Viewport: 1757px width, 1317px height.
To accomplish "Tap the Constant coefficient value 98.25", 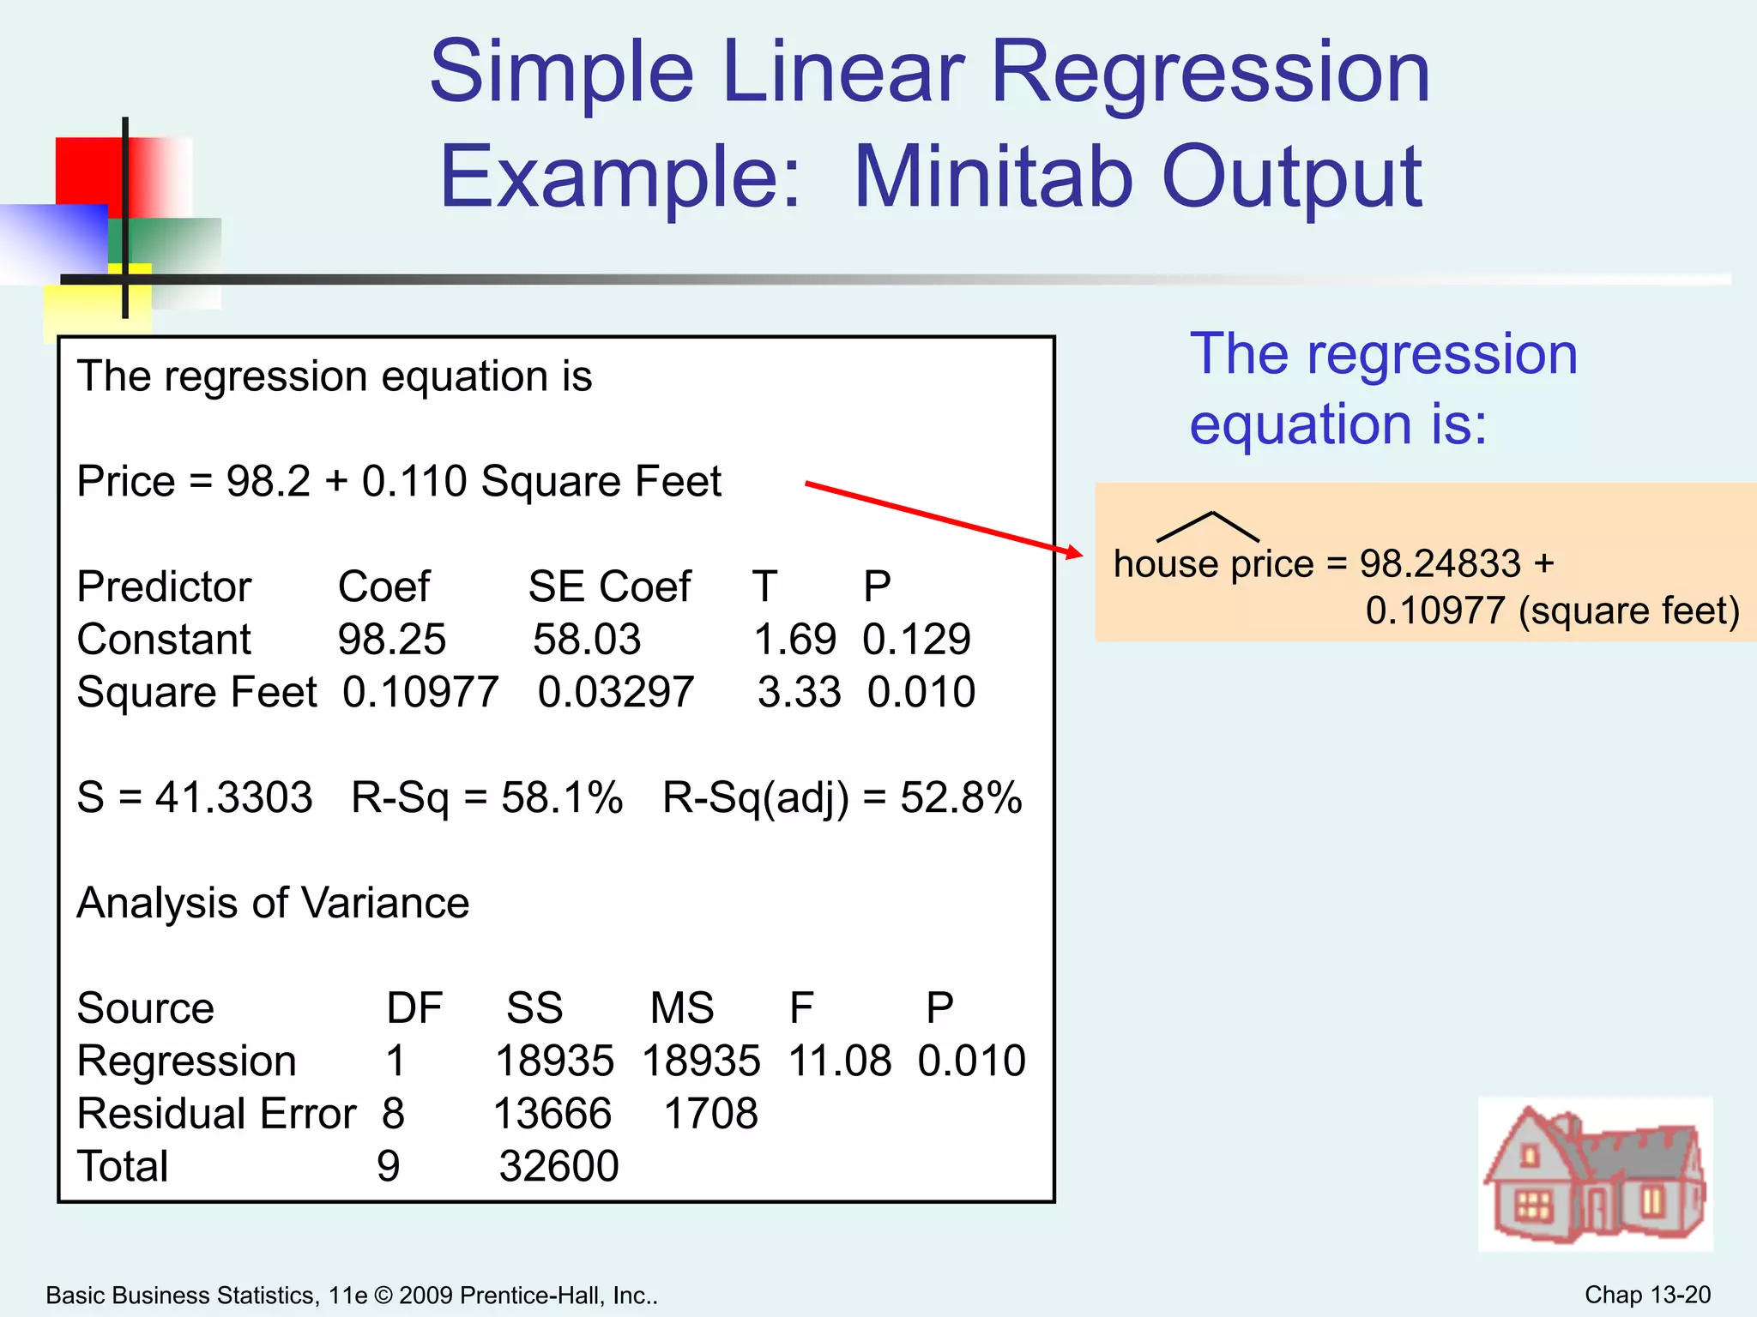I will click(x=391, y=640).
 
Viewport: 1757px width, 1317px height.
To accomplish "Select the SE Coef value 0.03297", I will click(x=615, y=692).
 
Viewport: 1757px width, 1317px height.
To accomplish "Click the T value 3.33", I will click(x=799, y=692).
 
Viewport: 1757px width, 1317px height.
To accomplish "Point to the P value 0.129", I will click(x=916, y=640).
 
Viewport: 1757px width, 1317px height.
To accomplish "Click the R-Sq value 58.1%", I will click(x=562, y=797).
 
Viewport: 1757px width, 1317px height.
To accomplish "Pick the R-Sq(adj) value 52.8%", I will click(x=961, y=797).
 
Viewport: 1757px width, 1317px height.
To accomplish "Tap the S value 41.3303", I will click(x=233, y=797).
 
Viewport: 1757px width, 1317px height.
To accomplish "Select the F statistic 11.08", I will click(x=839, y=1061).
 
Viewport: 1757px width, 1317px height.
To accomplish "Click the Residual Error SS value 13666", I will click(x=552, y=1114).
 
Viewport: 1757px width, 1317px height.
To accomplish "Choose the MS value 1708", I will click(x=710, y=1114).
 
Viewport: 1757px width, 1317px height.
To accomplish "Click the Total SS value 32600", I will click(x=558, y=1166).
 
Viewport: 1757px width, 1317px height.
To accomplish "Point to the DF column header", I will click(x=414, y=1008).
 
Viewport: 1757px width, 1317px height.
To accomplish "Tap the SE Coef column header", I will click(x=609, y=587).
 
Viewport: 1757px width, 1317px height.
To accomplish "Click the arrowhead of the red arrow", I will click(x=1073, y=552).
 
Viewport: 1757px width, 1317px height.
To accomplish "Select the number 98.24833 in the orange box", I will click(x=1440, y=563).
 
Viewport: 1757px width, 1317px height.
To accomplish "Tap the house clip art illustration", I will click(x=1595, y=1174).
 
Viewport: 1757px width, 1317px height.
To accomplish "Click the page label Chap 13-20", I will click(x=1646, y=1295).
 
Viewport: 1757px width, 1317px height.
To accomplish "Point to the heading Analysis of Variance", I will click(x=273, y=903).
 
